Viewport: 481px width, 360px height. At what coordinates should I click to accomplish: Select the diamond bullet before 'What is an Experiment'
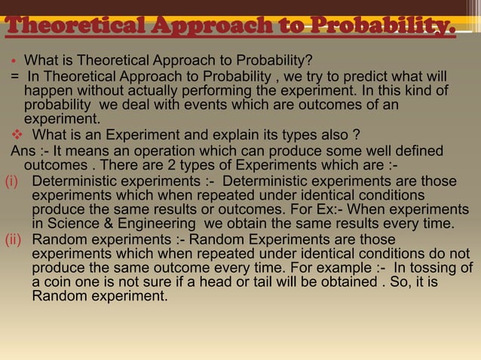(x=16, y=136)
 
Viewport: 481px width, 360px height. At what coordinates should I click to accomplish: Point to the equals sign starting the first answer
(x=14, y=76)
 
